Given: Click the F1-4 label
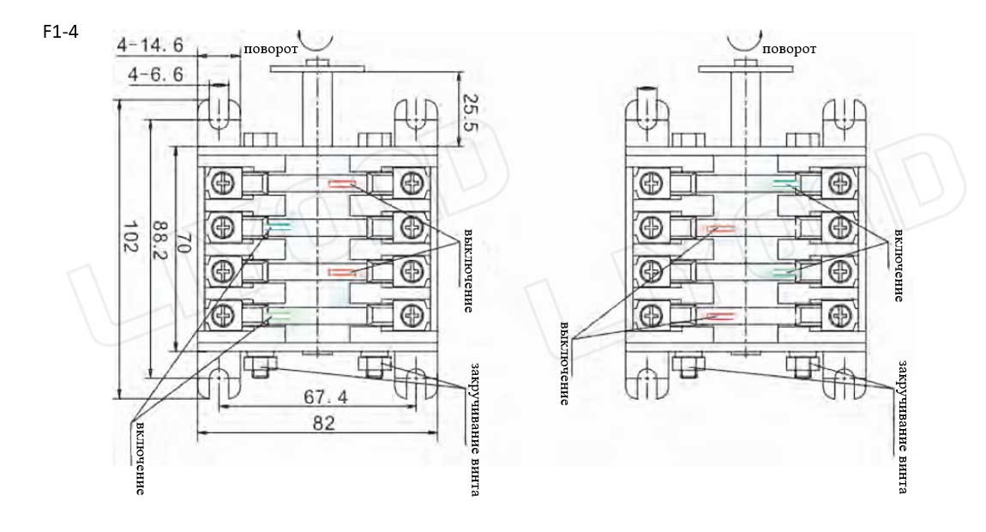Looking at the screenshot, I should click(x=60, y=33).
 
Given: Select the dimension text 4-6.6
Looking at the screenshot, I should click(x=155, y=75).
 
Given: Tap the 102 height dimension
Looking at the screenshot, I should click(x=130, y=233).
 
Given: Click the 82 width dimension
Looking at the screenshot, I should click(x=322, y=423).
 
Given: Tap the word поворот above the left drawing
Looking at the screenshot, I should click(x=270, y=49).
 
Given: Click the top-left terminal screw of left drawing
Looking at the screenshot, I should click(x=225, y=183).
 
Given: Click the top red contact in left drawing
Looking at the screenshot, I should click(x=341, y=183).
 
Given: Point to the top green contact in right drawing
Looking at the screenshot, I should click(x=785, y=183).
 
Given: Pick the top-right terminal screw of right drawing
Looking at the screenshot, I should click(x=840, y=183).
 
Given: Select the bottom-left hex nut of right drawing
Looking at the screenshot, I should click(x=686, y=364).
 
